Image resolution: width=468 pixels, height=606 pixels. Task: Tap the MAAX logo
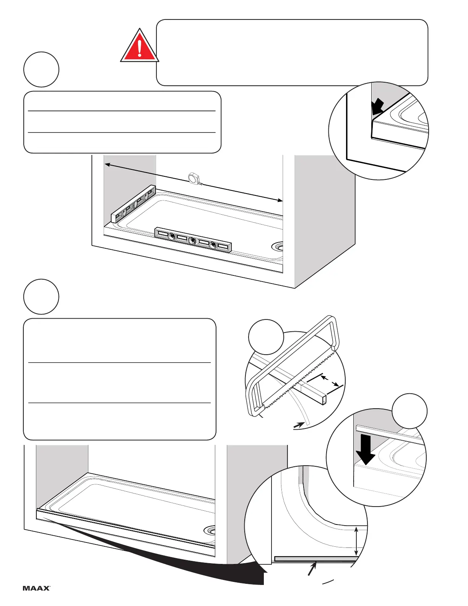point(36,588)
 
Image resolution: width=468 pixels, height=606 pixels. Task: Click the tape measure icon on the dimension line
point(195,178)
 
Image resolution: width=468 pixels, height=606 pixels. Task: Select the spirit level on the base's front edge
point(193,241)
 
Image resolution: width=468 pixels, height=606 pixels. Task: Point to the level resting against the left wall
point(133,204)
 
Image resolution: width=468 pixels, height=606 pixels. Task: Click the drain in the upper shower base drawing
point(278,246)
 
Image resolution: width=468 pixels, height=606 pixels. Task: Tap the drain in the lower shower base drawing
point(210,531)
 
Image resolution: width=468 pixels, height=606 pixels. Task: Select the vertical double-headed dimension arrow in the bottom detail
point(356,541)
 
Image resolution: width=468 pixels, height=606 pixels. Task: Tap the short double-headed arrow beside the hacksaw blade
point(330,381)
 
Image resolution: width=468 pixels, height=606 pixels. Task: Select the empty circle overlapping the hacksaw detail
point(266,337)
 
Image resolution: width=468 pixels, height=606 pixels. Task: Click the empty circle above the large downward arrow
point(410,411)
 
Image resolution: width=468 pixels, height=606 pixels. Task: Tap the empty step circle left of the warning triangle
point(41,70)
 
